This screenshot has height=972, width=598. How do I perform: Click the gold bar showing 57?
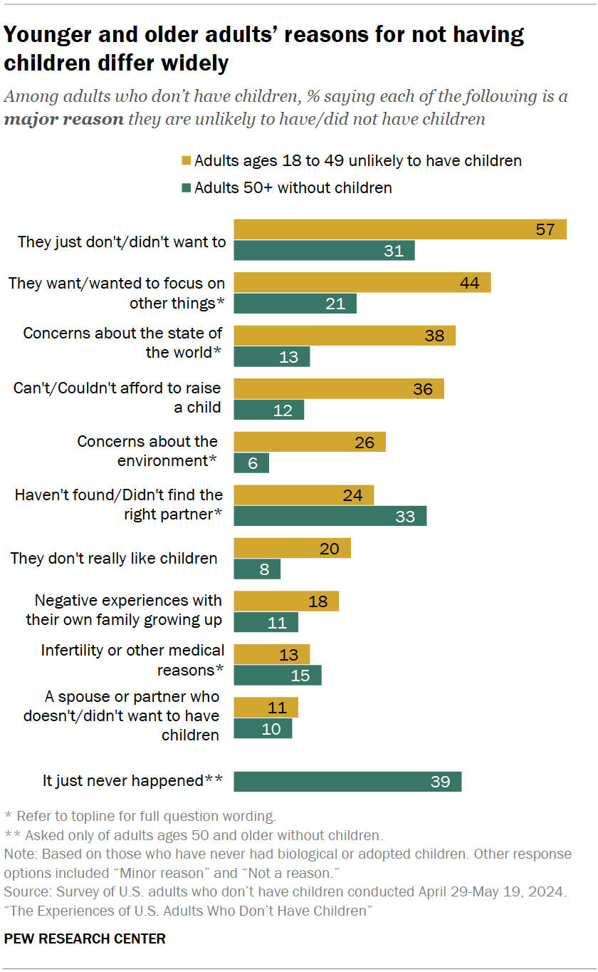tap(400, 229)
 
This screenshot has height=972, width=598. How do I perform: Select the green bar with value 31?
tap(324, 251)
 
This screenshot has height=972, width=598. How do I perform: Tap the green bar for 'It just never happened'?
tap(347, 782)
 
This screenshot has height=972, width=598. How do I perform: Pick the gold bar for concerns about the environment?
tap(310, 442)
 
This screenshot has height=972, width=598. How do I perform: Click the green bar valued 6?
tap(251, 463)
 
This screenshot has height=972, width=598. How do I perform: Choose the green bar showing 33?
tap(330, 516)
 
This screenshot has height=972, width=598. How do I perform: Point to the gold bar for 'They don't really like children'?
tap(292, 548)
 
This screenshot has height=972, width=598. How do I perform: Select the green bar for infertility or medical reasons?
tap(278, 675)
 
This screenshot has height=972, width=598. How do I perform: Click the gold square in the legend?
tap(187, 161)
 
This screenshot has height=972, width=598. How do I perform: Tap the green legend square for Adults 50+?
tap(187, 188)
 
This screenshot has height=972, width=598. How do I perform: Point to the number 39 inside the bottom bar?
tap(440, 782)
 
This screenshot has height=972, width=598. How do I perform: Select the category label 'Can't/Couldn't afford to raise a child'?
tap(117, 398)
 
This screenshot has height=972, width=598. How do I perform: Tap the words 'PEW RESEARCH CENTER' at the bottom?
tap(85, 939)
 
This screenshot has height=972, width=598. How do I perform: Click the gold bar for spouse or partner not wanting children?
tap(266, 708)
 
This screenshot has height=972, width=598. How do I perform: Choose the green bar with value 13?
tap(272, 357)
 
